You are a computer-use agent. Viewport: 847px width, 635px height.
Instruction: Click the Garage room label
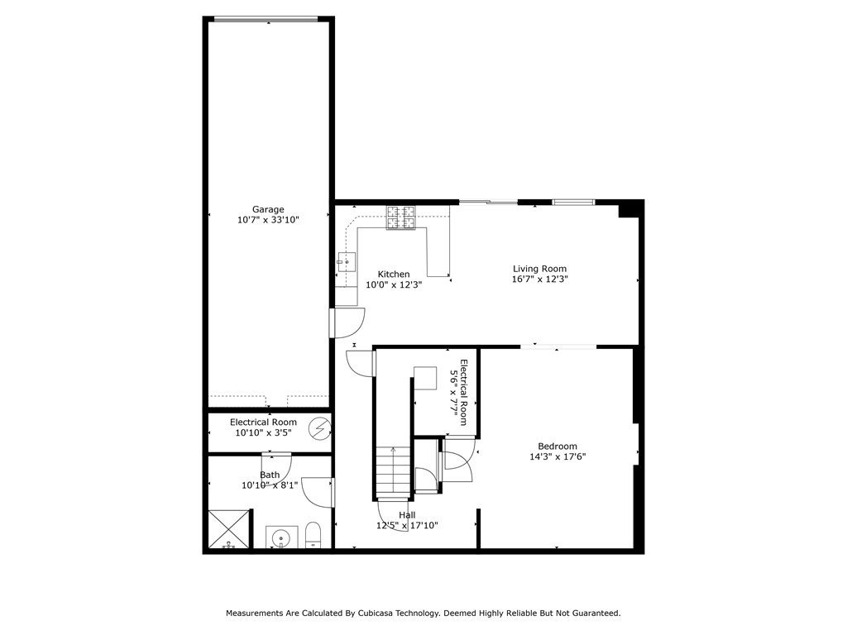pyautogui.click(x=268, y=209)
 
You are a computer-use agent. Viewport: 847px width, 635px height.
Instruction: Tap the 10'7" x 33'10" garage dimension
pyautogui.click(x=268, y=220)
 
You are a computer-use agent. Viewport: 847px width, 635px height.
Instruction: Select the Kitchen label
pyautogui.click(x=394, y=275)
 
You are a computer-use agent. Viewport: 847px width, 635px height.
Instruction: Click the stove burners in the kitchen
pyautogui.click(x=401, y=217)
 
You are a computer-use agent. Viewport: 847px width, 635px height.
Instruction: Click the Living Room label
pyautogui.click(x=539, y=269)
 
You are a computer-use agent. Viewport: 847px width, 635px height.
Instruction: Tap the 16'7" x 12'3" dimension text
pyautogui.click(x=539, y=279)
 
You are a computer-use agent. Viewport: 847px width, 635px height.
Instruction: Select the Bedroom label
pyautogui.click(x=557, y=446)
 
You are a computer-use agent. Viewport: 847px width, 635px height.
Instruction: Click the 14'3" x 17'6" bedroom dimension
pyautogui.click(x=557, y=456)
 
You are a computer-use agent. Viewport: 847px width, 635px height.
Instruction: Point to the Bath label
pyautogui.click(x=270, y=475)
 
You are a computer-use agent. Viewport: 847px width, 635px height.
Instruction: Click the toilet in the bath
pyautogui.click(x=313, y=535)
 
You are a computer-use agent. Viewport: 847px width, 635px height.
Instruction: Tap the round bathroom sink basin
pyautogui.click(x=281, y=537)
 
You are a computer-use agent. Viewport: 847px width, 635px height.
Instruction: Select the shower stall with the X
pyautogui.click(x=230, y=529)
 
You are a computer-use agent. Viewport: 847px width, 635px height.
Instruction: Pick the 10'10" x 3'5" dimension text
pyautogui.click(x=264, y=432)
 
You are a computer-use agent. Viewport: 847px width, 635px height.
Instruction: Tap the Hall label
pyautogui.click(x=407, y=515)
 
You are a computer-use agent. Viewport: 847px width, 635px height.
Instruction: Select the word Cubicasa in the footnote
pyautogui.click(x=376, y=614)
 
